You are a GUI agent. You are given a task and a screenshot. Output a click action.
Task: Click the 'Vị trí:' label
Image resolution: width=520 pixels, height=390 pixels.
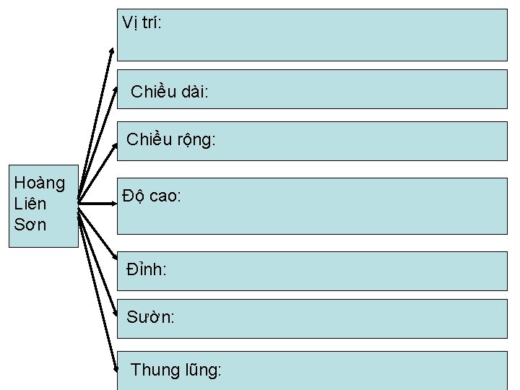(x=142, y=23)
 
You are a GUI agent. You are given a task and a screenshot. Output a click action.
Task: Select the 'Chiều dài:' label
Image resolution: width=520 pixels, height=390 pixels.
(x=170, y=92)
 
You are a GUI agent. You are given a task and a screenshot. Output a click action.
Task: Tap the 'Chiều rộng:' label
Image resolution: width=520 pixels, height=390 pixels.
(x=170, y=140)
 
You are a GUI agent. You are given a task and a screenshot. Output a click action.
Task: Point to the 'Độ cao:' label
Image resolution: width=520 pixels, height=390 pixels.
(x=151, y=196)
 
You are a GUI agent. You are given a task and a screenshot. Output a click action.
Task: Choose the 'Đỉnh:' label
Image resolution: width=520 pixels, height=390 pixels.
(x=147, y=270)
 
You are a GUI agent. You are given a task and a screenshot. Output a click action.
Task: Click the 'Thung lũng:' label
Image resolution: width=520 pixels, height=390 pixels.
(x=176, y=370)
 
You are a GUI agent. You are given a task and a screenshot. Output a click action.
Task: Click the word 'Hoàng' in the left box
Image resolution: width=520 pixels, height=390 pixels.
(x=40, y=183)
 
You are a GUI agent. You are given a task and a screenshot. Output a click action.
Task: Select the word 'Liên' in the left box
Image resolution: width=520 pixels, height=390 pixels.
(x=30, y=204)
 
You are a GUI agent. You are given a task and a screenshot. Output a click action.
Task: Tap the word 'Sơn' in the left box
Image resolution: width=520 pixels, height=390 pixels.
(x=30, y=224)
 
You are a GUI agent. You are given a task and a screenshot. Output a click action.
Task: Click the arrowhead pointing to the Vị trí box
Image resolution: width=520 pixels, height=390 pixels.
(x=112, y=50)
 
